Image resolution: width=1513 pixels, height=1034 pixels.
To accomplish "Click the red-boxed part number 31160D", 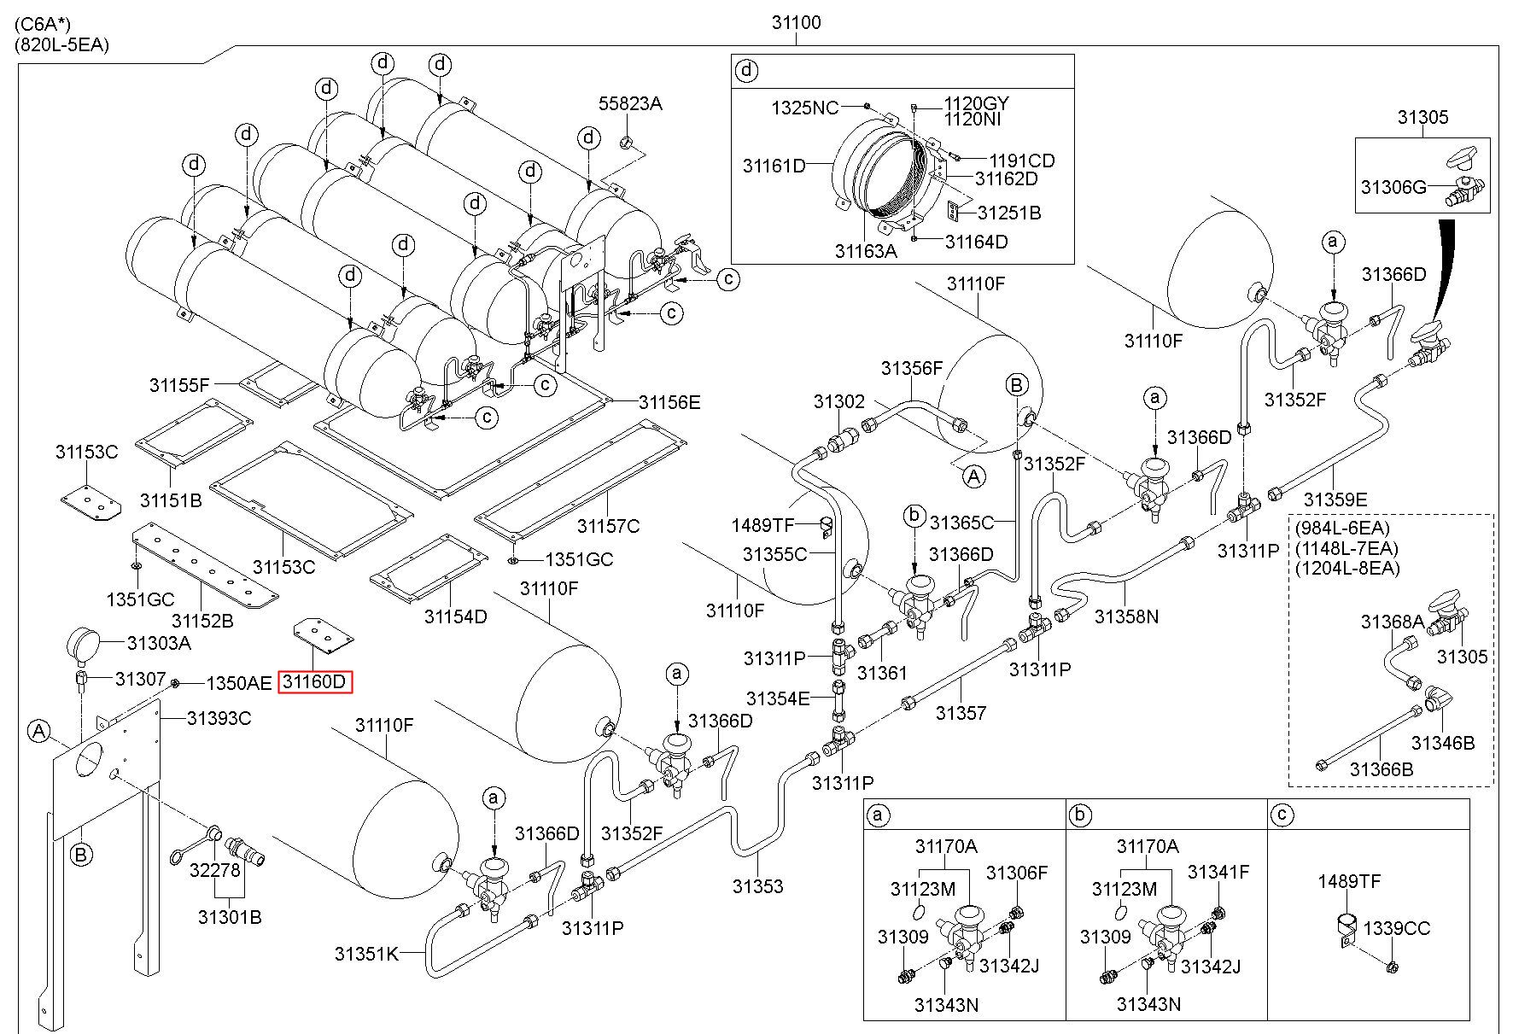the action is click(315, 682).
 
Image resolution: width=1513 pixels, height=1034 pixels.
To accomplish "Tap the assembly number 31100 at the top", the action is click(797, 23).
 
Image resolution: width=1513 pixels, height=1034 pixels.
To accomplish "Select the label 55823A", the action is click(630, 103).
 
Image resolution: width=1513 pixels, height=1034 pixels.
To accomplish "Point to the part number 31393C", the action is click(219, 718).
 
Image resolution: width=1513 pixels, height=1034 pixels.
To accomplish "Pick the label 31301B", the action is click(230, 917).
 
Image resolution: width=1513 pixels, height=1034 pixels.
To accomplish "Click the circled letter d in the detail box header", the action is click(746, 70).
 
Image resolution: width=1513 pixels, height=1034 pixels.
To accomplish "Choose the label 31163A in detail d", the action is click(866, 250).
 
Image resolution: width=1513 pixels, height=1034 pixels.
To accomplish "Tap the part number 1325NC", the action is click(805, 108).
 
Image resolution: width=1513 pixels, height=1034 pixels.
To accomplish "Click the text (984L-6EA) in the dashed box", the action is click(1342, 528).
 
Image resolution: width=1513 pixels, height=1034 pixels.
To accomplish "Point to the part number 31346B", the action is click(1443, 743).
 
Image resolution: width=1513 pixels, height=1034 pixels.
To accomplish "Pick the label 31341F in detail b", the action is click(1218, 872).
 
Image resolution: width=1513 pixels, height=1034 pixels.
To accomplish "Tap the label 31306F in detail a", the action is click(1017, 872).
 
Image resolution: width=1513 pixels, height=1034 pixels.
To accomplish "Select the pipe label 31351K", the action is click(366, 954).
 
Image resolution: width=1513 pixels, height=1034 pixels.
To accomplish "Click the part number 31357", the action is click(961, 712).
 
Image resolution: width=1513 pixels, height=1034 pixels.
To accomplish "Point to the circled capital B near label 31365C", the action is click(1016, 385).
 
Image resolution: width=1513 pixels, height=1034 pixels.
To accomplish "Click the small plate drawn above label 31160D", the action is click(324, 636).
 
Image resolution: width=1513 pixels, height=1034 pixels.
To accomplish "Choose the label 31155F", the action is click(179, 385).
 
